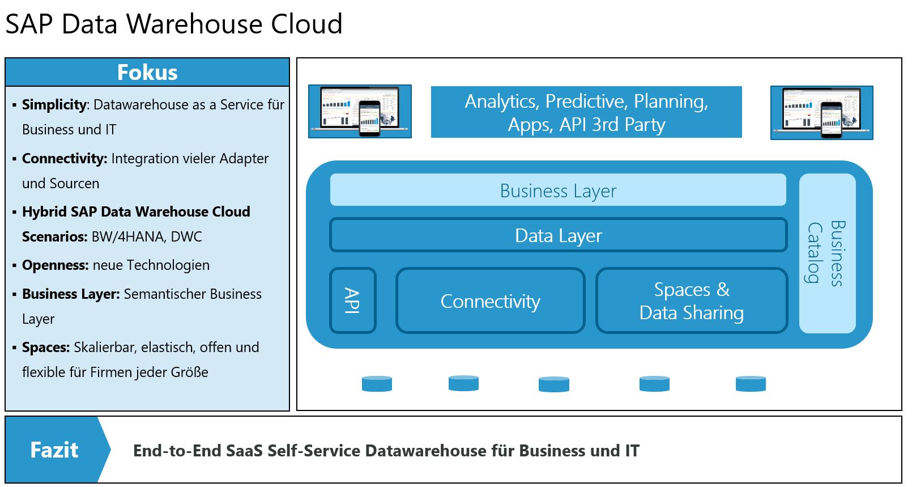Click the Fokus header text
147,73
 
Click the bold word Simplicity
54,105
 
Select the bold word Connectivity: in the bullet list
65,159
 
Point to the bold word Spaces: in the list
46,348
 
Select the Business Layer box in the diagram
558,190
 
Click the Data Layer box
558,235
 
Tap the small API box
352,300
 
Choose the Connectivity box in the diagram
490,301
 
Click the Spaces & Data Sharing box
691,301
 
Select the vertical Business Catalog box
826,253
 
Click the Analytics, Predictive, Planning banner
586,112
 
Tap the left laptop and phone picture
360,111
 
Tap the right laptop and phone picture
821,112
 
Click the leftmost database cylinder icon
377,384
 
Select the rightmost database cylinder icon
751,384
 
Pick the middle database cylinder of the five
553,384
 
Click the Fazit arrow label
55,450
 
